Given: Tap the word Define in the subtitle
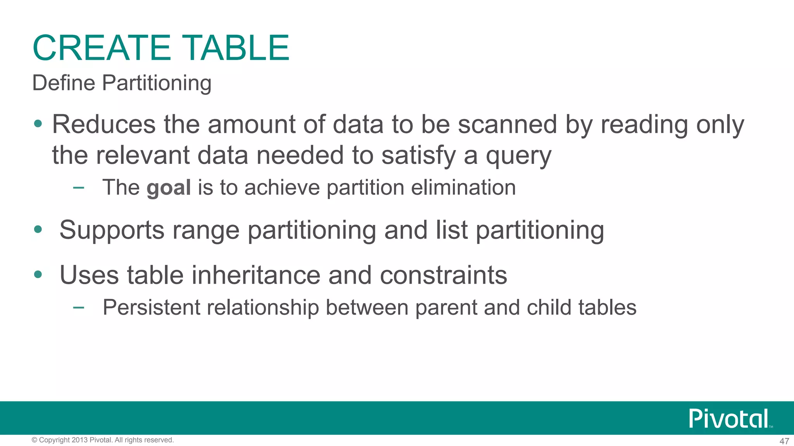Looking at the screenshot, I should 64,83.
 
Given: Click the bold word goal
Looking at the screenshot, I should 169,188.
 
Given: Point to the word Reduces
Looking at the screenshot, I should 104,125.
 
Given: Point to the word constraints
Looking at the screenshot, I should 443,276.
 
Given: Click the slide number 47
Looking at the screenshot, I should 784,441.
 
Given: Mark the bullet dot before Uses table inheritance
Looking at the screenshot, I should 38,274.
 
